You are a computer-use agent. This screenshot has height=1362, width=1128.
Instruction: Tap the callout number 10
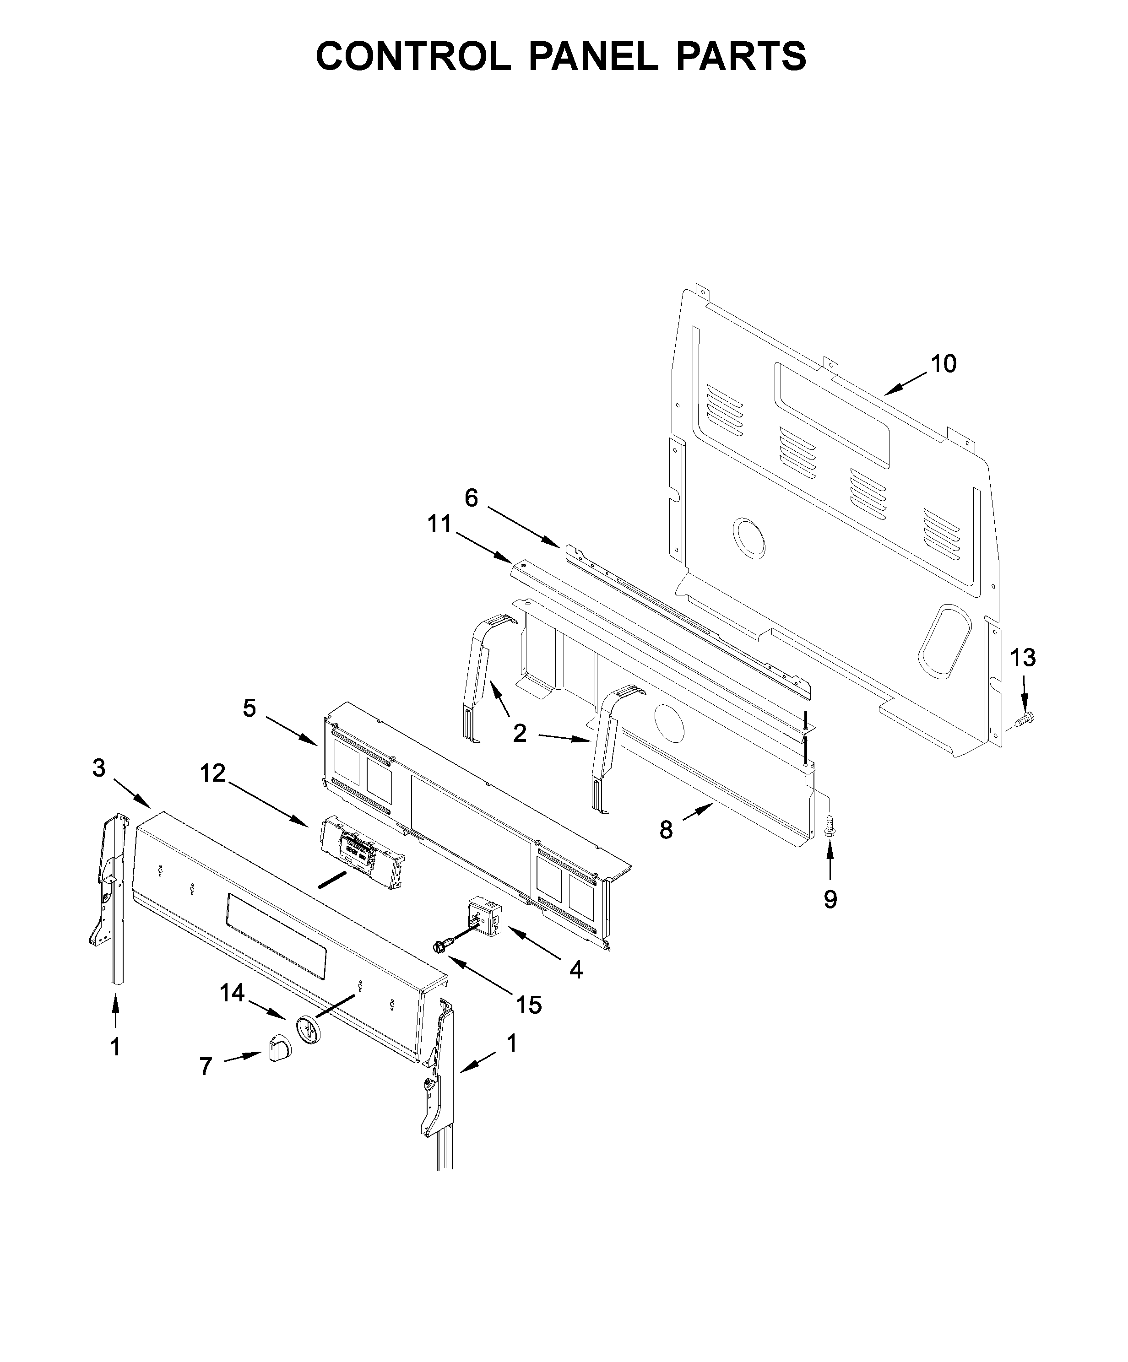tap(943, 364)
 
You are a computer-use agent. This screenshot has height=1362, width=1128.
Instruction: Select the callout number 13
tap(1023, 658)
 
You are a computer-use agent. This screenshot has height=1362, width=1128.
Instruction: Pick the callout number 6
tap(471, 498)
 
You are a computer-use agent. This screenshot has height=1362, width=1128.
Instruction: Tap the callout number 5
tap(250, 708)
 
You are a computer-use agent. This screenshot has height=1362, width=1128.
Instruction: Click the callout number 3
tap(98, 768)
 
